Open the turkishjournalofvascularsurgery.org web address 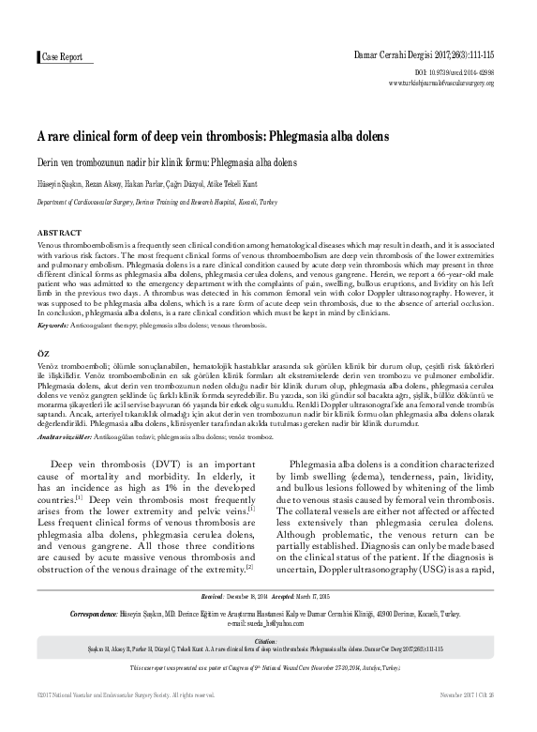(x=454, y=83)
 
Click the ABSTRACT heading (x=60, y=232)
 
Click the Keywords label (x=52, y=325)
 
